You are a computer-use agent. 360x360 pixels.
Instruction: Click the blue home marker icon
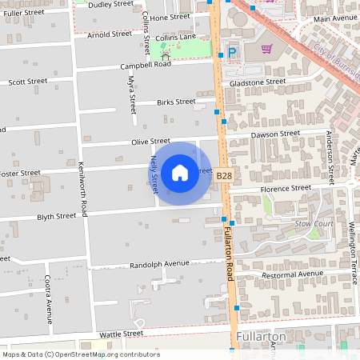click(x=180, y=172)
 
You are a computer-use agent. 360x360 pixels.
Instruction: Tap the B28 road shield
click(x=224, y=176)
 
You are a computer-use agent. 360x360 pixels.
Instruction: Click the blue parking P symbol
click(x=233, y=52)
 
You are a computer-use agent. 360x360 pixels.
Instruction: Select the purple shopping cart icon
click(x=266, y=49)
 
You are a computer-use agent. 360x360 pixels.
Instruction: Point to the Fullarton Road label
click(x=228, y=252)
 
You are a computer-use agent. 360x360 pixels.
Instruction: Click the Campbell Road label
click(x=146, y=64)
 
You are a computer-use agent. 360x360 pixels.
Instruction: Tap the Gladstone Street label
click(x=257, y=82)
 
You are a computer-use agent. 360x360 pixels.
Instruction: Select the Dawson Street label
click(x=274, y=134)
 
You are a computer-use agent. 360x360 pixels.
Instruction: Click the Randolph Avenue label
click(x=158, y=263)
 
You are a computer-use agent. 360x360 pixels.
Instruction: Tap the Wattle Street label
click(x=120, y=333)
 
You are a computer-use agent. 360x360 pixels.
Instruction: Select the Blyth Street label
click(x=56, y=216)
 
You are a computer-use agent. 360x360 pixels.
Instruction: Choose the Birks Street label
click(x=176, y=102)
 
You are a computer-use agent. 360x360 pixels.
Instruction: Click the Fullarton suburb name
click(x=261, y=337)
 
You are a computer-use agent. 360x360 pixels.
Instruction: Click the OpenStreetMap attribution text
click(x=80, y=354)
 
